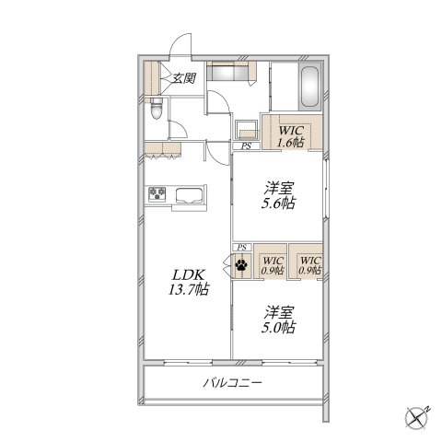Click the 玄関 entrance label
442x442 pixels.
click(x=184, y=78)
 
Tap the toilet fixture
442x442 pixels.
click(x=157, y=109)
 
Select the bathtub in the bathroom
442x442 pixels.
click(x=309, y=87)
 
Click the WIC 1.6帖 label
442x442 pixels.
click(x=291, y=136)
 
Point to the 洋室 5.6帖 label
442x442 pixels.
click(x=279, y=195)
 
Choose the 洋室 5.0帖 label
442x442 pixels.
click(x=279, y=320)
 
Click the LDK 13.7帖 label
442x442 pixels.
click(x=189, y=282)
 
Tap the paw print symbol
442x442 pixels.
click(x=241, y=265)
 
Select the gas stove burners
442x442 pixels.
click(x=157, y=194)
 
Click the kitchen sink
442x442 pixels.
click(x=189, y=195)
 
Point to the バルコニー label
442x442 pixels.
click(x=232, y=383)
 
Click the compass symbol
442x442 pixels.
click(x=417, y=418)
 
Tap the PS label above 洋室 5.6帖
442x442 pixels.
click(x=246, y=146)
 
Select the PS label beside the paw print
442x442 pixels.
click(x=242, y=247)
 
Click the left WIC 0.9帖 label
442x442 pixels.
click(x=273, y=266)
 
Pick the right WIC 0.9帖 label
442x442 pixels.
click(x=310, y=266)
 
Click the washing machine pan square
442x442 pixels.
click(x=246, y=131)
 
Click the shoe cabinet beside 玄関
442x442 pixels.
click(x=152, y=78)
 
